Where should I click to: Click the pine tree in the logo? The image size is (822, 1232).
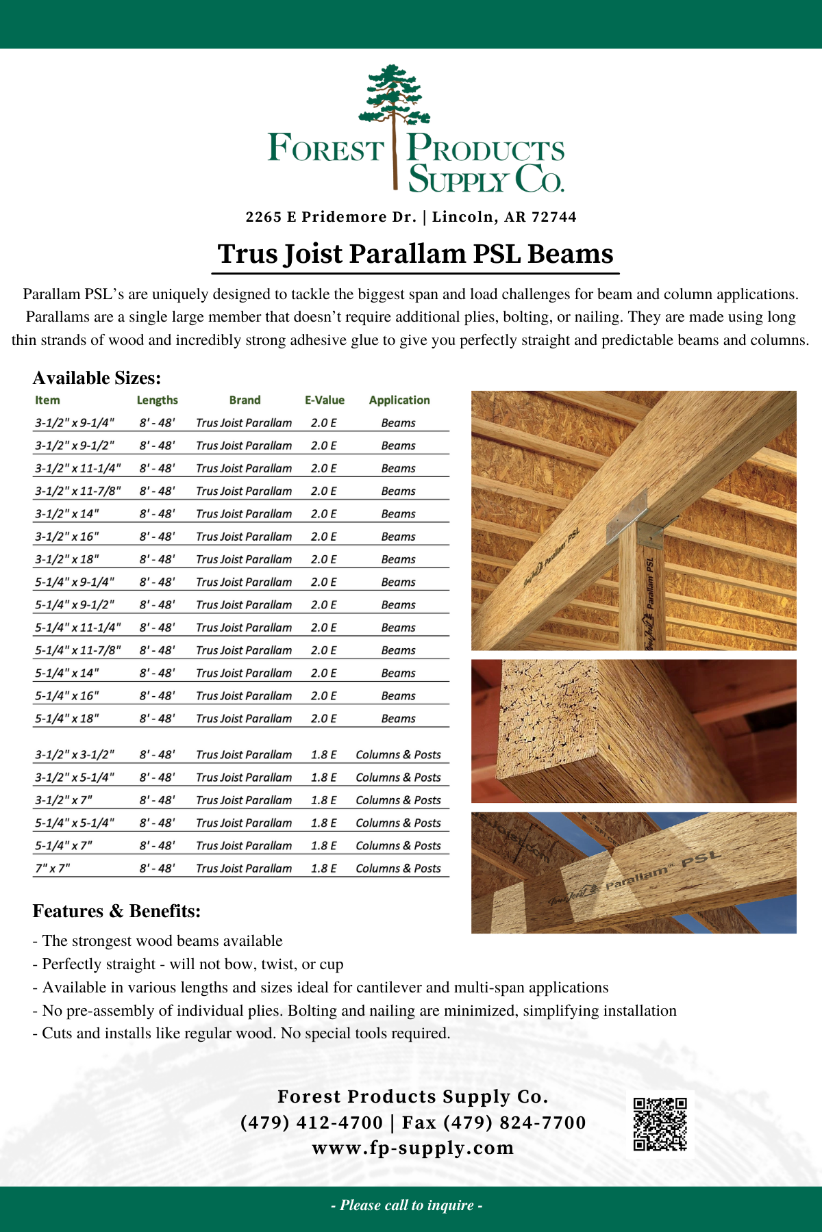coord(395,96)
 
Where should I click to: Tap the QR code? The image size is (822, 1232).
coord(660,1124)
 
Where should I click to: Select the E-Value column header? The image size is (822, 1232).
coord(325,400)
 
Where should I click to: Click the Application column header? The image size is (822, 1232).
coord(399,400)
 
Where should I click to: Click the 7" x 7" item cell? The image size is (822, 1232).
coord(53,869)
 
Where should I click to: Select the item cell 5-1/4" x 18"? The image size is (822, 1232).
coord(67,719)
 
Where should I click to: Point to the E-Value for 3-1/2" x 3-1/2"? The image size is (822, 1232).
coord(323,755)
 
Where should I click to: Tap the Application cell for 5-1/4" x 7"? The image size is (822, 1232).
coord(398,846)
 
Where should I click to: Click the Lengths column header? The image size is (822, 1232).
coord(157,400)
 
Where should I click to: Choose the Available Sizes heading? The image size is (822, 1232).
coord(97,378)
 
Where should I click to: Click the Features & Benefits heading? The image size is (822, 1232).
coord(116,912)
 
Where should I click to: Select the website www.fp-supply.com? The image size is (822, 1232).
coord(413,1148)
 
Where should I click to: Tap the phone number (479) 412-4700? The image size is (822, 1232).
coord(312,1122)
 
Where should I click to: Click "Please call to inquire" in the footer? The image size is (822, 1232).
coord(407,1205)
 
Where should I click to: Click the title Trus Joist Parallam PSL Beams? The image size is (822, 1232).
coord(415,254)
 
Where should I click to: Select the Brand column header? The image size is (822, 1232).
coord(245,400)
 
